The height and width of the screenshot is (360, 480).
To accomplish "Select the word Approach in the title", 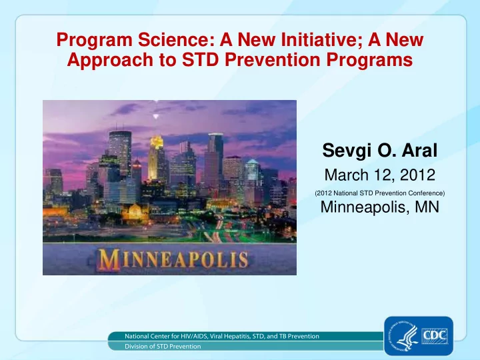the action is pyautogui.click(x=110, y=60).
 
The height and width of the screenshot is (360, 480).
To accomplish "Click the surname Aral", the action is pyautogui.click(x=419, y=150).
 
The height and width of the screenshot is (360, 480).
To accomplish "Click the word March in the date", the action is pyautogui.click(x=347, y=175).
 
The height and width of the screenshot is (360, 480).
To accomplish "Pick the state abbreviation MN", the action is pyautogui.click(x=427, y=207).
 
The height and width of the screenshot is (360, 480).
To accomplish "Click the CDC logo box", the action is pyautogui.click(x=435, y=336).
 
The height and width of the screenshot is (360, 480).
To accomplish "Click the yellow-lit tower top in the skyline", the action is pyautogui.click(x=156, y=142).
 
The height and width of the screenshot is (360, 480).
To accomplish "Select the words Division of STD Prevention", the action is pyautogui.click(x=163, y=346).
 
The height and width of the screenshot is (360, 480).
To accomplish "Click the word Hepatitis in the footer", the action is pyautogui.click(x=236, y=336).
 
